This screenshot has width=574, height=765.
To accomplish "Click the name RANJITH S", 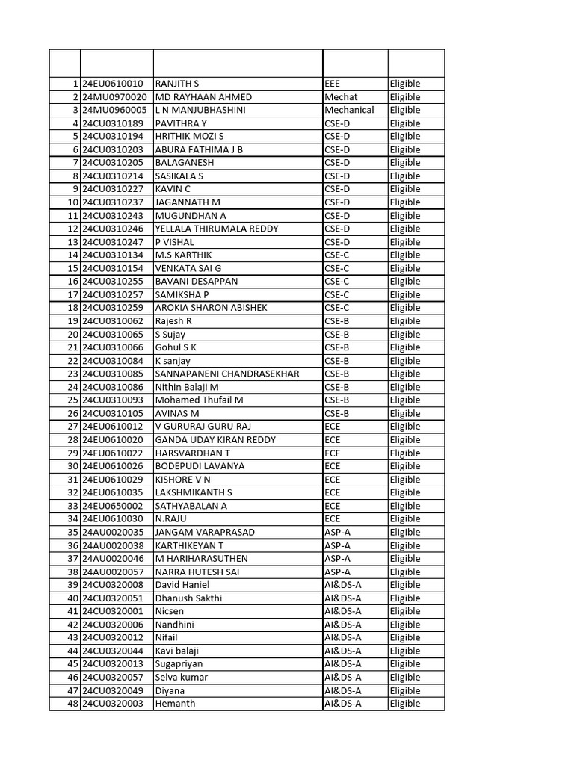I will point(177,84).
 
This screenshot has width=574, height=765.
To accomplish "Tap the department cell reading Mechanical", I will point(349,110).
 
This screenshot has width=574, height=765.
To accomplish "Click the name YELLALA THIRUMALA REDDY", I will point(216,229).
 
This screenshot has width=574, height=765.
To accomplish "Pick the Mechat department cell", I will point(341,97).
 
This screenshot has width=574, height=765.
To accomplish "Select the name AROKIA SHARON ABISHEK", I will point(211,308).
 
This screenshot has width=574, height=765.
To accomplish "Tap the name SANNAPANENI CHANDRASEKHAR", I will point(227,374).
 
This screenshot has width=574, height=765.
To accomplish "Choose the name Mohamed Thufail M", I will point(199,400).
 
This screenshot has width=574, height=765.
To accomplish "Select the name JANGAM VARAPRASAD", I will point(205,532).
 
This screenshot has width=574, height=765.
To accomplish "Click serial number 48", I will point(73,704).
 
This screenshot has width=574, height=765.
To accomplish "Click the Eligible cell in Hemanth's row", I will point(404,704).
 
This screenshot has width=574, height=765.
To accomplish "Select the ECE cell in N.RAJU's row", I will point(333,518).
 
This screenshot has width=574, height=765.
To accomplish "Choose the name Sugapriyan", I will point(179,663).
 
